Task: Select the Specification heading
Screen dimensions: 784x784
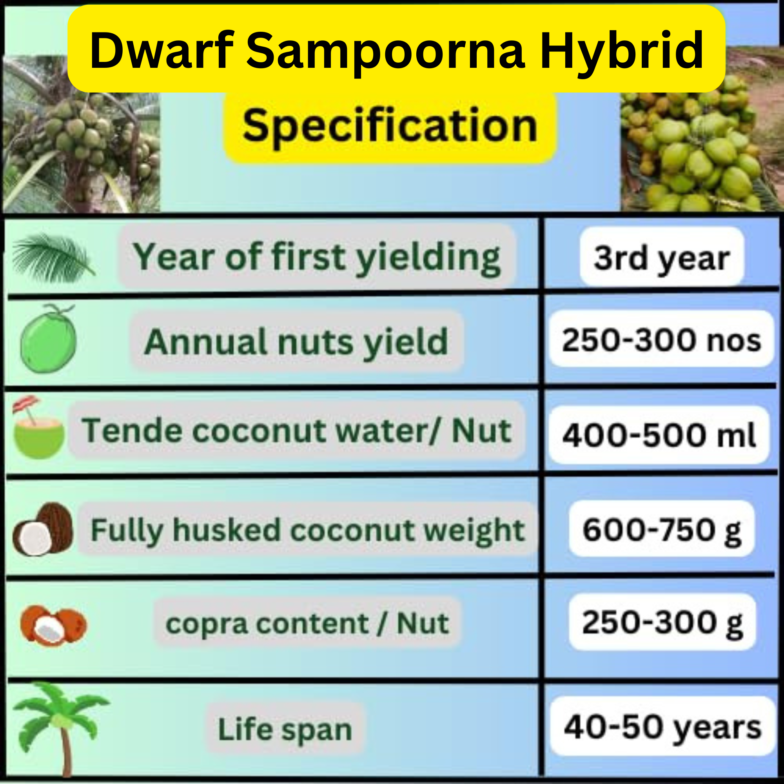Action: coord(390,126)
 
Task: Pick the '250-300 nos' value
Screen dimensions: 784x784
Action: coord(661,340)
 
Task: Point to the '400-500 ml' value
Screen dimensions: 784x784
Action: coord(659,435)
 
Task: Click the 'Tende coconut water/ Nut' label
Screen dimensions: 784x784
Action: coord(296,430)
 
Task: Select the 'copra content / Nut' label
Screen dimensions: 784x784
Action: coord(307,623)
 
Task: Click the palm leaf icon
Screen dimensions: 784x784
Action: coord(53,258)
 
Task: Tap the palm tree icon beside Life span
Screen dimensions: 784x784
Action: coord(61,728)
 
